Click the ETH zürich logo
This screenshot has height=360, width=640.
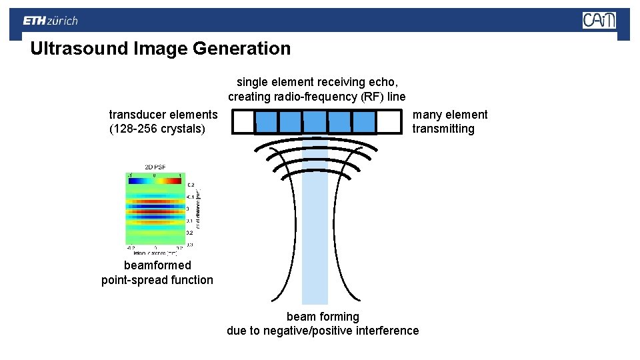click(50, 21)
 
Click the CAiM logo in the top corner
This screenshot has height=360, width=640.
click(599, 20)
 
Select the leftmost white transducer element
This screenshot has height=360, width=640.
click(244, 122)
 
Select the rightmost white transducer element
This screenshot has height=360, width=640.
click(388, 122)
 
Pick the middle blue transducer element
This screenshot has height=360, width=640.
click(315, 122)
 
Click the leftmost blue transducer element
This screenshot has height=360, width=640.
click(267, 122)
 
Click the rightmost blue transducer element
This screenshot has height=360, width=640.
click(363, 122)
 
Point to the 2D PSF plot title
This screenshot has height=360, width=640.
click(156, 167)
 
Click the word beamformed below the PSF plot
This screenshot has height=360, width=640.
click(157, 265)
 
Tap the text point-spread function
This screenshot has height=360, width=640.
click(157, 280)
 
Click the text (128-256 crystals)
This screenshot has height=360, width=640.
click(157, 129)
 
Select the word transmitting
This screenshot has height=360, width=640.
click(443, 129)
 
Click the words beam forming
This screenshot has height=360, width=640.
click(323, 317)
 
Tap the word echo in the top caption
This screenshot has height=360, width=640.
click(384, 82)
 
